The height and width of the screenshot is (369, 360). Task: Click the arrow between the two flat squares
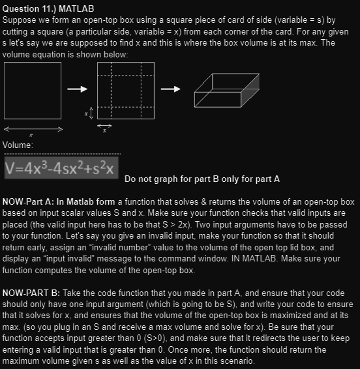78,89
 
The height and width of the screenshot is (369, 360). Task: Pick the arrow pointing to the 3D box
172,89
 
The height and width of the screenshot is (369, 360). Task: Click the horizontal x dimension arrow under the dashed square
104,125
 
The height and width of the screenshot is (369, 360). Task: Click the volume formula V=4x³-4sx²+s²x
60,168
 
